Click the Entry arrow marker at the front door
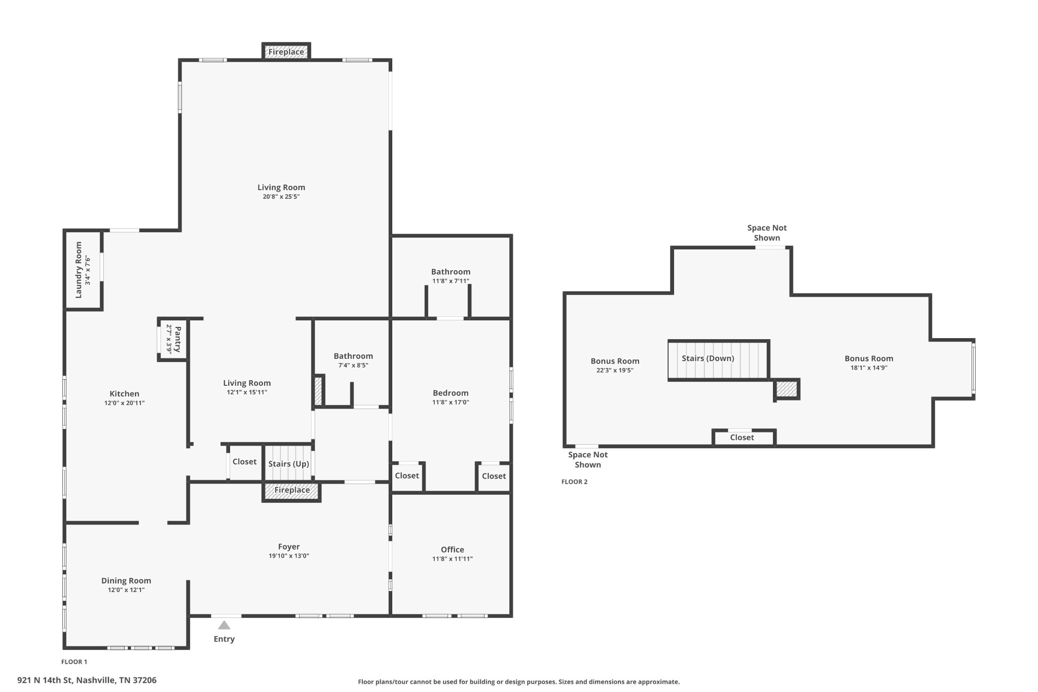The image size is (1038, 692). tap(224, 625)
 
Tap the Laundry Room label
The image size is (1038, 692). tap(79, 270)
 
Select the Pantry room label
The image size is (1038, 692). tap(177, 339)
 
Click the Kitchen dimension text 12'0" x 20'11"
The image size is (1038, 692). tap(125, 403)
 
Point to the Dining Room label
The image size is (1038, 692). tap(126, 580)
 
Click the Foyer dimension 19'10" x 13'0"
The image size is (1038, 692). tap(289, 556)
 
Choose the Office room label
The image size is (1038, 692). tap(453, 550)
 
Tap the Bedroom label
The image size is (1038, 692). tap(451, 393)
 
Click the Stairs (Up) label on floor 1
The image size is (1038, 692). tap(288, 464)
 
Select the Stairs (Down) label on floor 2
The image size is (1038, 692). tap(708, 358)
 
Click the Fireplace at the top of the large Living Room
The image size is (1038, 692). tap(286, 52)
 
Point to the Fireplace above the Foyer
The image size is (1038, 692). tap(292, 491)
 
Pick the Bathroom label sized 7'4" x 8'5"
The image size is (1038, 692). tap(353, 356)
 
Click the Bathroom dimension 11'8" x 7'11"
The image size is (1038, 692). tap(451, 281)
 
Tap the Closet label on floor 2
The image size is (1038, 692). tap(742, 438)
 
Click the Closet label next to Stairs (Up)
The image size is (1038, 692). tap(244, 461)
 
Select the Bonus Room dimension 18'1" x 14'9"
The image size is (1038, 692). tap(869, 368)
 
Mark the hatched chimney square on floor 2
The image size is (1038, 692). tap(787, 389)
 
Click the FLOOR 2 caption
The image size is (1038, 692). tap(574, 482)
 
